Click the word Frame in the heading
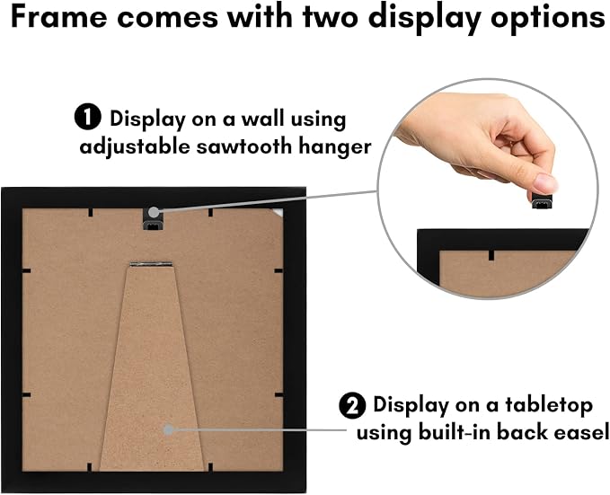(58, 17)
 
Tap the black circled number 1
(88, 117)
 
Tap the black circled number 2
(352, 405)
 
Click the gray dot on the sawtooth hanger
(154, 212)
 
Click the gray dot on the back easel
(169, 429)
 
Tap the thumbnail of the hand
(545, 183)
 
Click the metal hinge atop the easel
(151, 264)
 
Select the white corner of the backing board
(278, 212)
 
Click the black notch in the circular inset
(491, 255)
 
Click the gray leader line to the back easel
(260, 429)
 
